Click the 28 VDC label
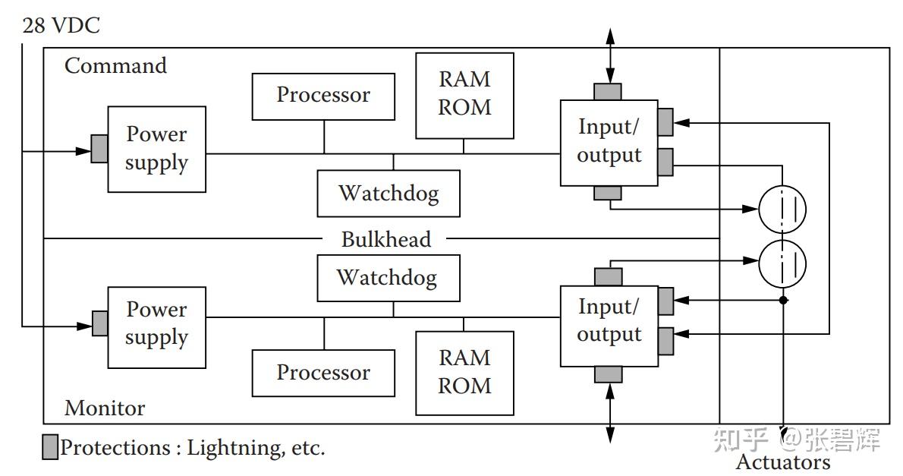tap(61, 26)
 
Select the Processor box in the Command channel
tap(323, 96)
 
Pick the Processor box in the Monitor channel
tap(323, 373)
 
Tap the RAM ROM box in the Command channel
tap(464, 95)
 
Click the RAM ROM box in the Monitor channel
tap(464, 372)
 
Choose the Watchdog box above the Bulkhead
tap(389, 193)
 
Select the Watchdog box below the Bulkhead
tap(389, 277)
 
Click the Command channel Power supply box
tap(157, 149)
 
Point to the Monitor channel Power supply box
tap(157, 326)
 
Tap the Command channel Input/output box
tap(609, 142)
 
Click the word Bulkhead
tap(385, 239)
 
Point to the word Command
tap(115, 66)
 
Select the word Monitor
tap(104, 408)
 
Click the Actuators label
tap(782, 462)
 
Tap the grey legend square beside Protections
tap(50, 448)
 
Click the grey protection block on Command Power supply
tap(99, 149)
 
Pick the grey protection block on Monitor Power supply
tap(100, 323)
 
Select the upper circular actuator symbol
tap(782, 209)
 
